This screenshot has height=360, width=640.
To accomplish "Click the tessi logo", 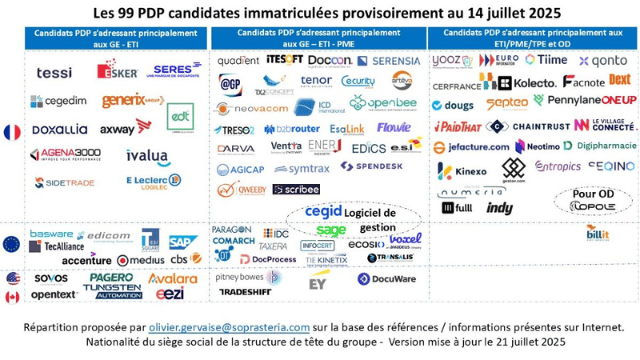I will [54, 73].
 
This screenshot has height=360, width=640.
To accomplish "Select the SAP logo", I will [183, 242].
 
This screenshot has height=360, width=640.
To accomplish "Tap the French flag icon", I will [12, 132].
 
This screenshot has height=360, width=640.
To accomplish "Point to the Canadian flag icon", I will [12, 297].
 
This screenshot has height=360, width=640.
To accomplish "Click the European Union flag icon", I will [12, 244].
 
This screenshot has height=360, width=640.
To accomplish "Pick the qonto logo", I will [603, 61].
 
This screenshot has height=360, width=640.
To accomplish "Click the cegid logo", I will [323, 212].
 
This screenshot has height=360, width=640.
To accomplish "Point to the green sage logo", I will [330, 230].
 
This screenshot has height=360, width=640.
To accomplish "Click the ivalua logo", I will [147, 156].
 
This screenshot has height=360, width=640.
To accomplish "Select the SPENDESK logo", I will [370, 166].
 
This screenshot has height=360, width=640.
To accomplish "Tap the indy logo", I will [500, 208].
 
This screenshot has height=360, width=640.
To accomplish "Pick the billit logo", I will [597, 233].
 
